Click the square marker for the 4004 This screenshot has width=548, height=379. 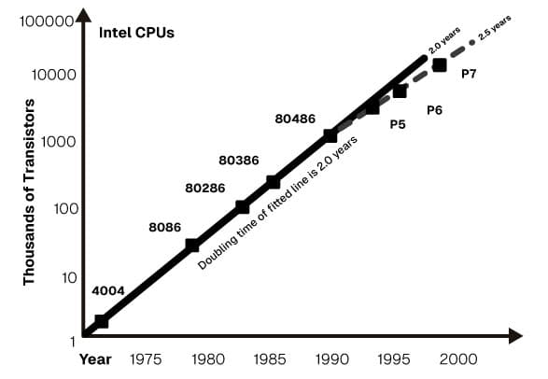[x=102, y=321]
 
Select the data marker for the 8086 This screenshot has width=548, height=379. [x=192, y=246]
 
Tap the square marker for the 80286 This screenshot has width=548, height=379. [x=243, y=206]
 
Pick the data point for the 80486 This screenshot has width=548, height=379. [x=330, y=135]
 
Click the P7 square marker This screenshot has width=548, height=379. [x=440, y=64]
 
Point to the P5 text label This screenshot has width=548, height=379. [x=398, y=124]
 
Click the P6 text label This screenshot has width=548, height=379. [x=434, y=110]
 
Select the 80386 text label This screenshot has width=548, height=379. [x=238, y=160]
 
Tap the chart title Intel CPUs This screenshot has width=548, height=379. [x=137, y=35]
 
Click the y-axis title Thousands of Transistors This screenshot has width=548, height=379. [x=29, y=191]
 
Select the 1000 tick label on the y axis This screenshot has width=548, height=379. [x=57, y=142]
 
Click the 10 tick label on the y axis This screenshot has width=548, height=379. [x=67, y=277]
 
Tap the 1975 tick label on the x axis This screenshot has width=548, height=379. [x=146, y=358]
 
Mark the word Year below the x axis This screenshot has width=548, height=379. [x=95, y=358]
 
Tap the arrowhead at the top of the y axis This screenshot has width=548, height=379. [x=83, y=15]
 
